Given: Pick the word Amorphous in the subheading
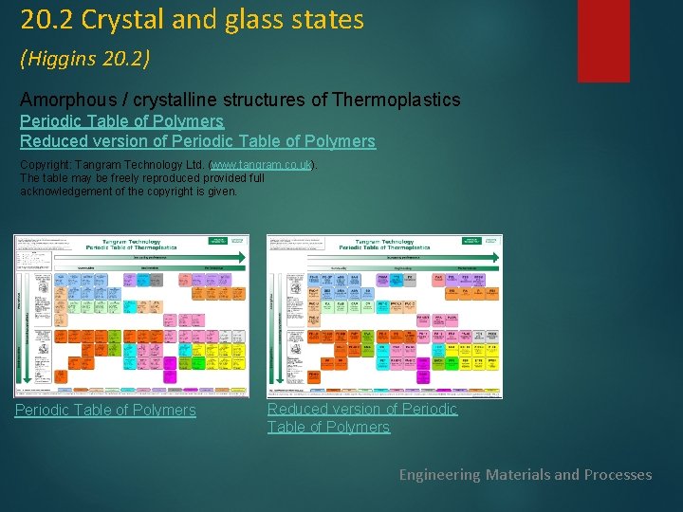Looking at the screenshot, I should point(67,100).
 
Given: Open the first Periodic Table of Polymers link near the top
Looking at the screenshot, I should point(121,121).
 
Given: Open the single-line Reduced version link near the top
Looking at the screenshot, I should point(197,141).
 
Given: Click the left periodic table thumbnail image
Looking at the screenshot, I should point(131,315).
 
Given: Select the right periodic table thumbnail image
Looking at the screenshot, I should point(384,315).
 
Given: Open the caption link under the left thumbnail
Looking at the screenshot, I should point(105,410).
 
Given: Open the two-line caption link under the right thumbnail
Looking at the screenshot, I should point(361,417).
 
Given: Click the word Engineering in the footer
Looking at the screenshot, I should point(440,474).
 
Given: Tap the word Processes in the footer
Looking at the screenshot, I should point(617,474).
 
